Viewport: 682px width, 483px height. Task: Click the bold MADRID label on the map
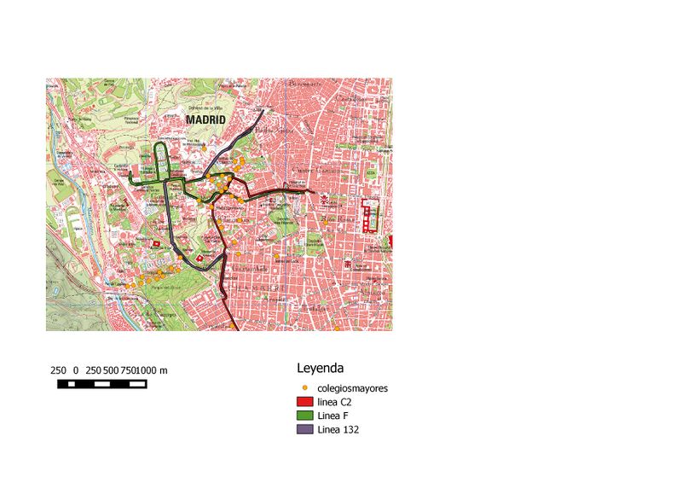tap(206, 120)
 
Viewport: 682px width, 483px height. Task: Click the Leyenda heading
tap(320, 370)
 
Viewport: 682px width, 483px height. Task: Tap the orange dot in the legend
tap(305, 388)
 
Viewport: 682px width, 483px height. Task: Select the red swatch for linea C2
tap(305, 402)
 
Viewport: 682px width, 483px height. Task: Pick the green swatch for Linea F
tap(305, 416)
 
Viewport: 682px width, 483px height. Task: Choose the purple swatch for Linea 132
tap(305, 430)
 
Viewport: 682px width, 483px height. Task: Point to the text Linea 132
tap(338, 430)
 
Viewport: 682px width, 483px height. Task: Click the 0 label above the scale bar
tap(76, 370)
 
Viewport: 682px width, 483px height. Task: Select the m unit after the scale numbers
tap(164, 370)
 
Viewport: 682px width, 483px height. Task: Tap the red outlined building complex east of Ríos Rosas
tap(369, 215)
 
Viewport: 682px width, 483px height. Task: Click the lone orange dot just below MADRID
tap(204, 146)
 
